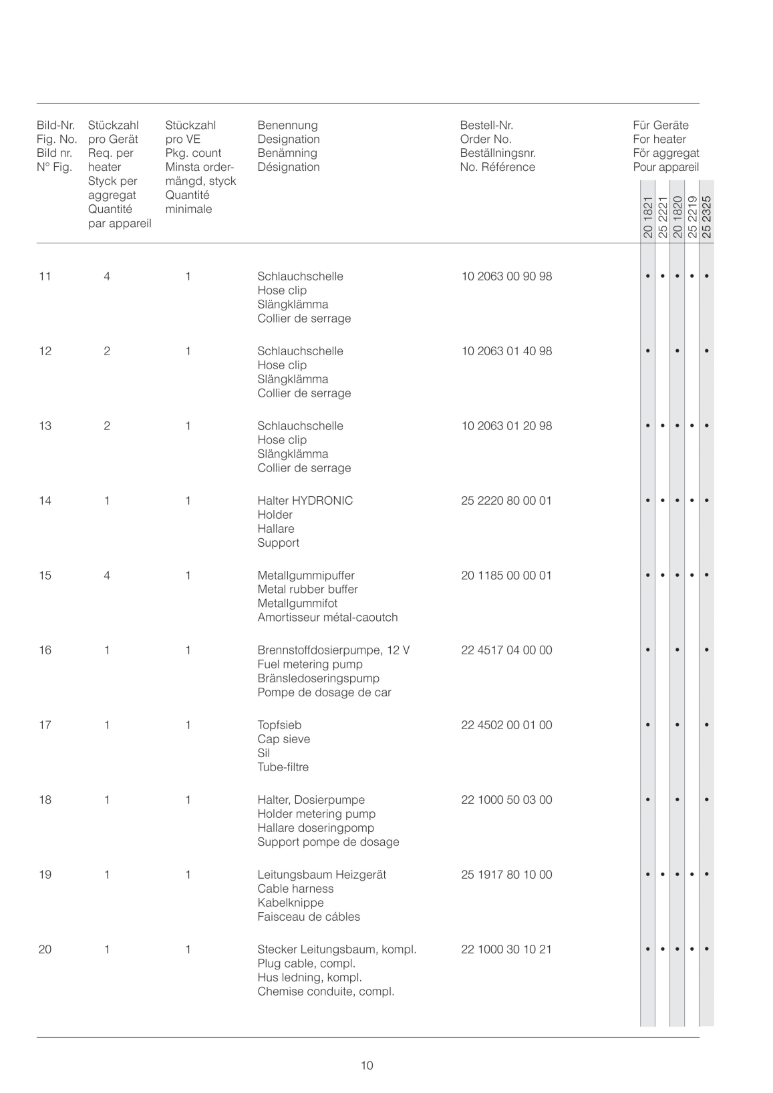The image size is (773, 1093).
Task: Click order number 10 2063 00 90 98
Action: coord(506,276)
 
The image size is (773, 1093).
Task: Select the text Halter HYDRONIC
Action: coord(305,501)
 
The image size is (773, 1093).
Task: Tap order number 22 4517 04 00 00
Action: coord(506,650)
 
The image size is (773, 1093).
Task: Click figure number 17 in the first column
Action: coord(45,725)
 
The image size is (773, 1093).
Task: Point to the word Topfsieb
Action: coord(279,725)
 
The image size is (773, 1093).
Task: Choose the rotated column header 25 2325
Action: coord(707,216)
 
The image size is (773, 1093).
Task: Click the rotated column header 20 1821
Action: coord(647,218)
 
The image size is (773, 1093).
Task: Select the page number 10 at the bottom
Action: coord(367,1066)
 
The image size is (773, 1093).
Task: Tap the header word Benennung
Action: coord(287,126)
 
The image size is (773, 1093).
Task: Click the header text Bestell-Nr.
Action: coord(486,126)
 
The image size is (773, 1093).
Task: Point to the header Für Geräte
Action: coord(660,126)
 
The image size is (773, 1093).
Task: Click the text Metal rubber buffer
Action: coord(307,590)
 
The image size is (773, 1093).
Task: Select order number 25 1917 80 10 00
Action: coord(506,875)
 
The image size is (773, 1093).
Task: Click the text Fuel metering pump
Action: coord(310,664)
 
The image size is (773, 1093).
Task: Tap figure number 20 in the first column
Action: coord(45,949)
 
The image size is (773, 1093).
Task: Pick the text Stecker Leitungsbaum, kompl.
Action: coord(337,949)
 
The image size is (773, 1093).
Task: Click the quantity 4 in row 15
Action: coord(107,576)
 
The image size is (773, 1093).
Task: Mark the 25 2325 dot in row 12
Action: coord(707,351)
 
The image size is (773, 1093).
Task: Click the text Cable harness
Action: coord(295,889)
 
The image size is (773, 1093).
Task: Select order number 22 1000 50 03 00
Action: coord(506,800)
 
